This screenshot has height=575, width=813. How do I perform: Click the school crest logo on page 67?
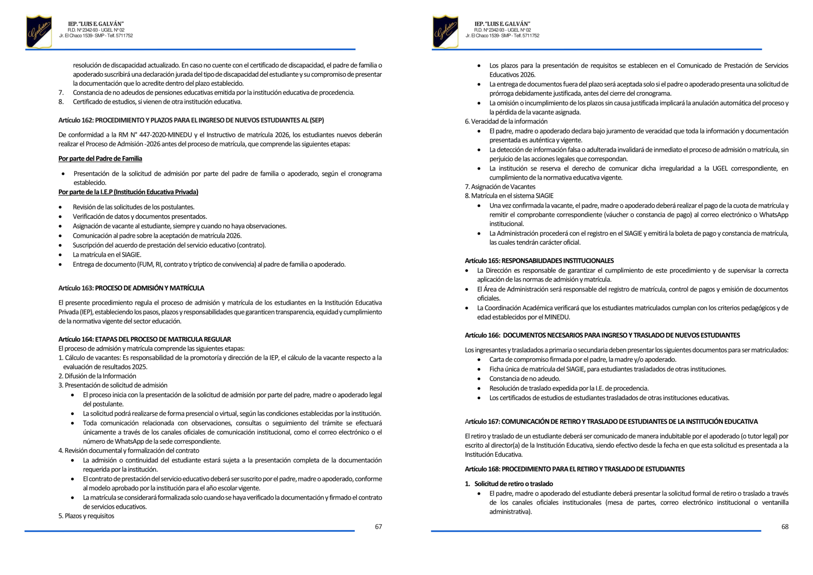39,31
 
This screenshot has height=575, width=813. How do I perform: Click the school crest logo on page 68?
445,31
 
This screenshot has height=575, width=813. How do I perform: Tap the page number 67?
378,527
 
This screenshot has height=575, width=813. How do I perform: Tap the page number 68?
785,527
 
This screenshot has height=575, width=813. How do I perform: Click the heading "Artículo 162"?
191,120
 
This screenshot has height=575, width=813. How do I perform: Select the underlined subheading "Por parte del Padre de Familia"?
100,158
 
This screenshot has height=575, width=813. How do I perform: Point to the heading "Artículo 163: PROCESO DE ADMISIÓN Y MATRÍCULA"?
131,288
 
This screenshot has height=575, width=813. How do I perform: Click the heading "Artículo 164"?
144,339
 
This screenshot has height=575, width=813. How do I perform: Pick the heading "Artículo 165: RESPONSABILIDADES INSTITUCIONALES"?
539,260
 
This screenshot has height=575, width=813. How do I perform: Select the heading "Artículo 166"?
602,335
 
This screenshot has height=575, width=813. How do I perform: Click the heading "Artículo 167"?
611,421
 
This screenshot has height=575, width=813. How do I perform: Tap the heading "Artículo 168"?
574,469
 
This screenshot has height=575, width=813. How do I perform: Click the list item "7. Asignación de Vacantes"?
500,187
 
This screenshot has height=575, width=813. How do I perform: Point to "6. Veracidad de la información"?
506,122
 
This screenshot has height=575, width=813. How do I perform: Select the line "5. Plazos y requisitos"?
86,516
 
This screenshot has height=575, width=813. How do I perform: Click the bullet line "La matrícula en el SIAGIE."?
107,255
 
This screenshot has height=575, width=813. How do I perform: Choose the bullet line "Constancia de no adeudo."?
524,378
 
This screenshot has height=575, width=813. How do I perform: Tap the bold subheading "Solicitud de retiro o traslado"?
513,484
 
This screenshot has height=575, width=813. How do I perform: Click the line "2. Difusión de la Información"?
97,376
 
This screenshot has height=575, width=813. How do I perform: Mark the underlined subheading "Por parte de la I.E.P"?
128,192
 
